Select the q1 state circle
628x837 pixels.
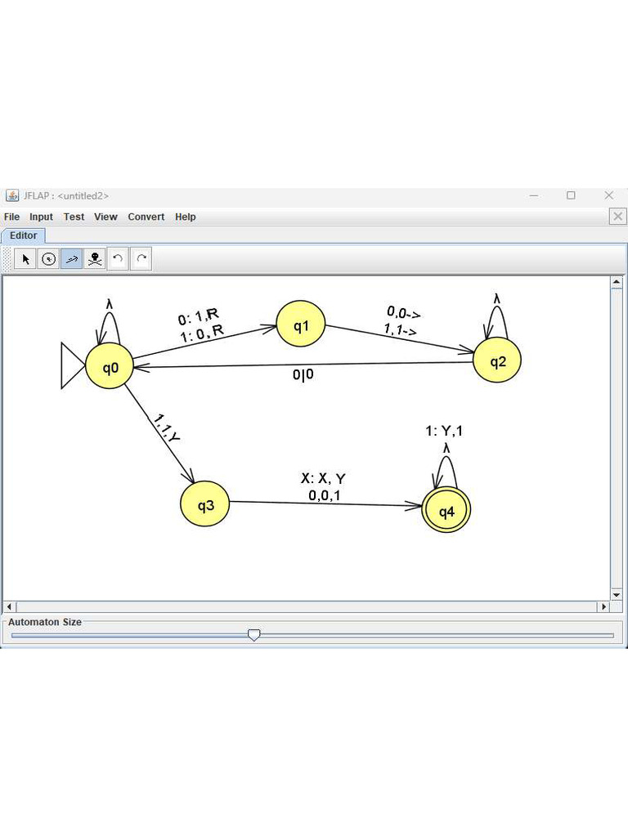301,324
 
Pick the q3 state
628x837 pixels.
205,504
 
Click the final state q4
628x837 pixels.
446,510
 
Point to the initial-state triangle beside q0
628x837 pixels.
73,365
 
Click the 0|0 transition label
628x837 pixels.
303,374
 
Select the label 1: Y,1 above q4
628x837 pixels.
444,431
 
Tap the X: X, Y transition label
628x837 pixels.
323,478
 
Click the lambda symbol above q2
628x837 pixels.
496,299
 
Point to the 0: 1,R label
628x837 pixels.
198,316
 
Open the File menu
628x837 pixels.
11,217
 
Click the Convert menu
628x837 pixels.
146,217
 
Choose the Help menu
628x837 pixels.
186,217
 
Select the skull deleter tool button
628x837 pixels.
95,259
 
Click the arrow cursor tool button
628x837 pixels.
25,259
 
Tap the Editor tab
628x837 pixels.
23,235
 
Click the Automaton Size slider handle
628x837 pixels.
254,634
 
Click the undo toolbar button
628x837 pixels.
118,259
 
